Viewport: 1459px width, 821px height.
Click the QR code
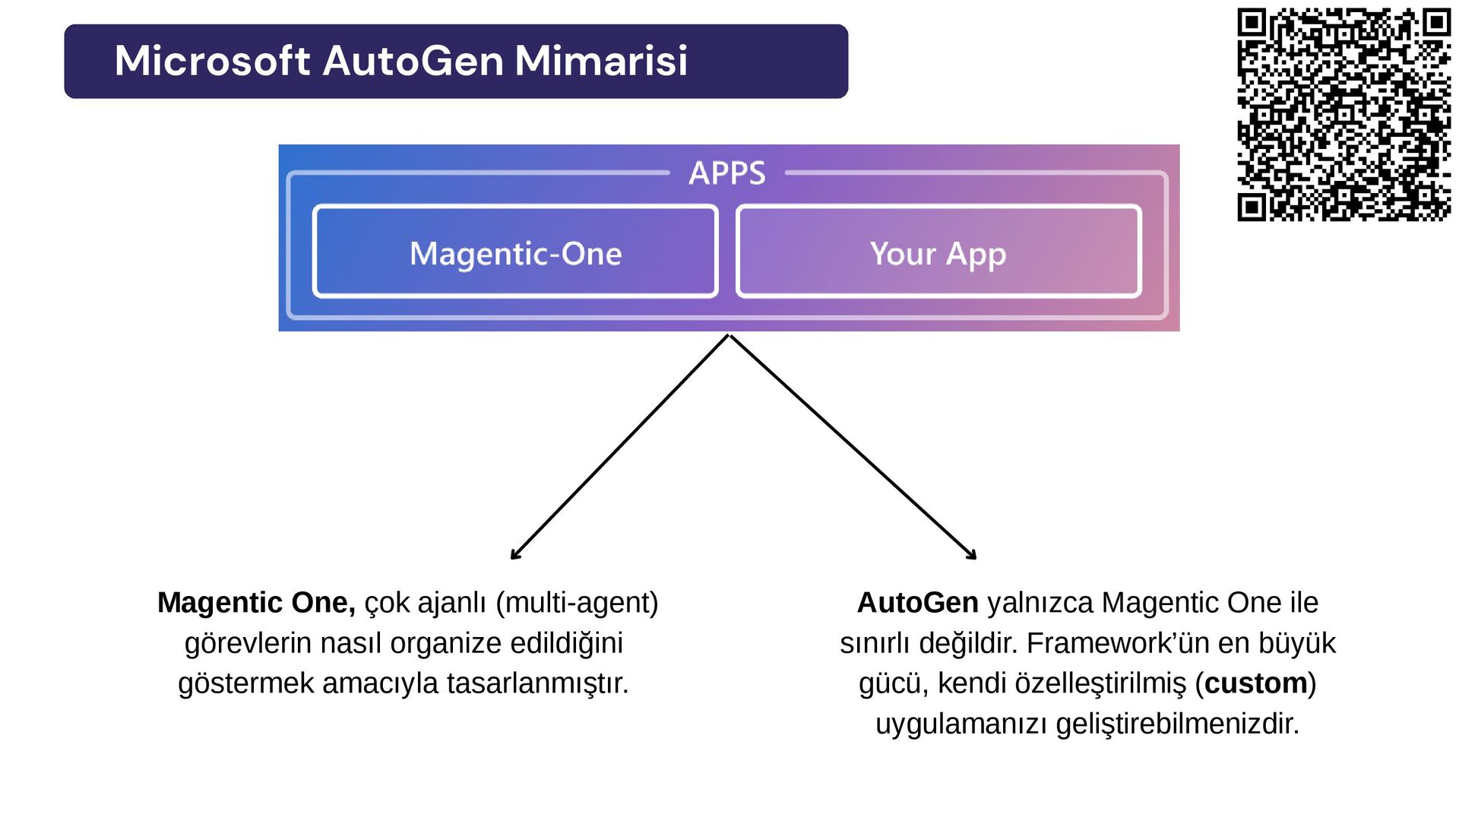1343,114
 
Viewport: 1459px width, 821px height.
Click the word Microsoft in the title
212,61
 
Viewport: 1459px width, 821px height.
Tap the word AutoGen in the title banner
413,61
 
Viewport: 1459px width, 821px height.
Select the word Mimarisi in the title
601,61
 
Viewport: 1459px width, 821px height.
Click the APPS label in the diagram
726,173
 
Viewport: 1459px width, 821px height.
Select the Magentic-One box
515,252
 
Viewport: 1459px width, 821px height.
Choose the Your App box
938,252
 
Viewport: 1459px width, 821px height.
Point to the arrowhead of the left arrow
514,556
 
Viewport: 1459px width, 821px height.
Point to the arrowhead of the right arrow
973,556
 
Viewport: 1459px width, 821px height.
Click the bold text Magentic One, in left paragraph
256,603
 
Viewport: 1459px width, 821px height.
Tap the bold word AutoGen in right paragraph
917,603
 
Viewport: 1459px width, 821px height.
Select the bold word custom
1255,683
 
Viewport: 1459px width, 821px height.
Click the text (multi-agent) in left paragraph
577,603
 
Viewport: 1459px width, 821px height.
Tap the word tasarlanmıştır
537,683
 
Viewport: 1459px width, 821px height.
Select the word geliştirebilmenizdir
1177,724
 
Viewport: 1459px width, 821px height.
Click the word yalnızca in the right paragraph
1040,603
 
